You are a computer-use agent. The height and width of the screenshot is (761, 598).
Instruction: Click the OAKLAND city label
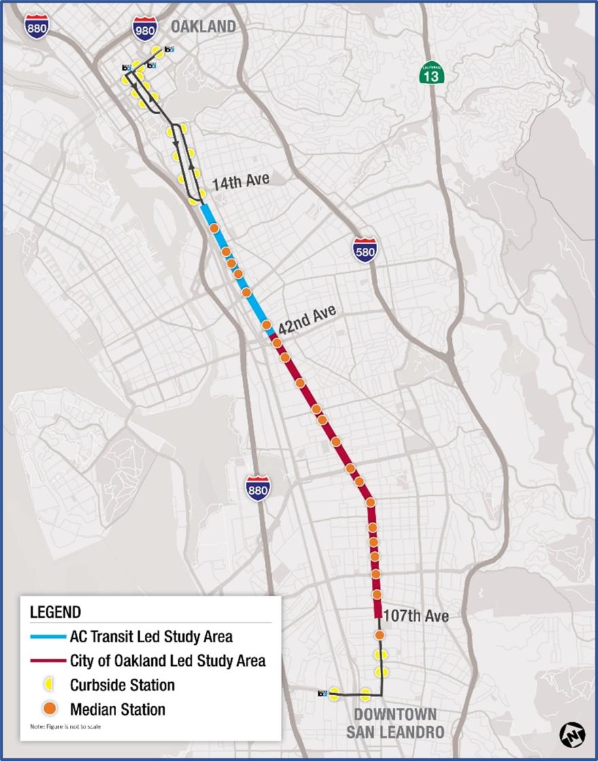(203, 26)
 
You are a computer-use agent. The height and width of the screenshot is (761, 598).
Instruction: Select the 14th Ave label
(241, 181)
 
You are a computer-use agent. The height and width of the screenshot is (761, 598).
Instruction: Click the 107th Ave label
(416, 616)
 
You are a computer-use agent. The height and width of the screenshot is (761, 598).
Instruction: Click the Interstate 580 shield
(366, 250)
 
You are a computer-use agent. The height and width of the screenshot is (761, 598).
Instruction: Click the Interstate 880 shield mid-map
(258, 487)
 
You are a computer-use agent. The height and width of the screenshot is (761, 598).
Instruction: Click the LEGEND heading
(55, 612)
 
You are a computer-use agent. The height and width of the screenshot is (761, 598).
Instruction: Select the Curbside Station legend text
(122, 685)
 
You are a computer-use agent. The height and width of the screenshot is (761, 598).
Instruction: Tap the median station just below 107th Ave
(379, 635)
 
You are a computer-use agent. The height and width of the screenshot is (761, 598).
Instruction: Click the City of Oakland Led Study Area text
(167, 660)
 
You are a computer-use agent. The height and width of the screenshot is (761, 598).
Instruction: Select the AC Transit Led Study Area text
(151, 637)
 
